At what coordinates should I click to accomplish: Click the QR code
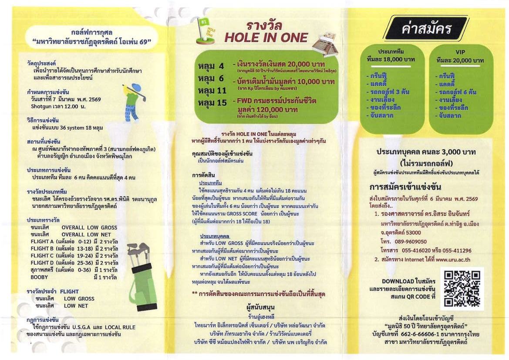pyautogui.click(x=462, y=288)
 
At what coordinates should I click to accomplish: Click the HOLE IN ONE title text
pyautogui.click(x=266, y=37)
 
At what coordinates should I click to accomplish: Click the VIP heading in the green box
pyautogui.click(x=460, y=52)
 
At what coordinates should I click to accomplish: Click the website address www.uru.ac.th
pyautogui.click(x=453, y=259)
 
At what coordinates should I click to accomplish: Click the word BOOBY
pyautogui.click(x=40, y=277)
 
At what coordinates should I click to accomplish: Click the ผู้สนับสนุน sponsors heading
pyautogui.click(x=260, y=308)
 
